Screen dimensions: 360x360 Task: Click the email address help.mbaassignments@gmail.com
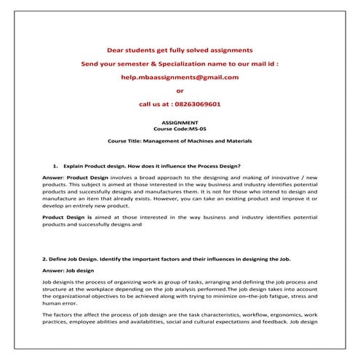click(180, 77)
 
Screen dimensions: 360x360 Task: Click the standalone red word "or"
click(180, 91)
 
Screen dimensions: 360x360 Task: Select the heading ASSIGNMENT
click(180, 123)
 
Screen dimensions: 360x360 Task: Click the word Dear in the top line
click(118, 50)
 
